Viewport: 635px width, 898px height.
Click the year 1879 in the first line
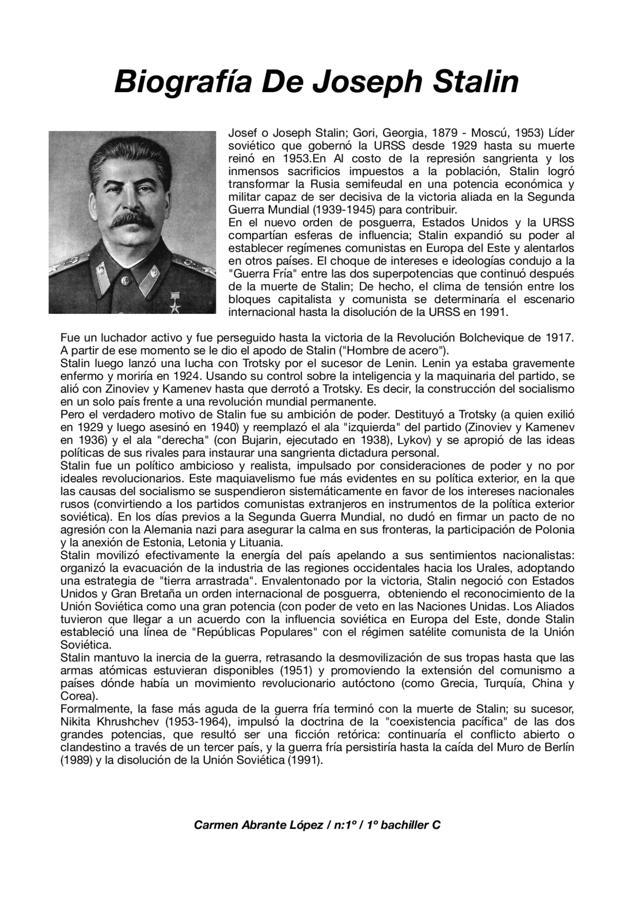tap(447, 133)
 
